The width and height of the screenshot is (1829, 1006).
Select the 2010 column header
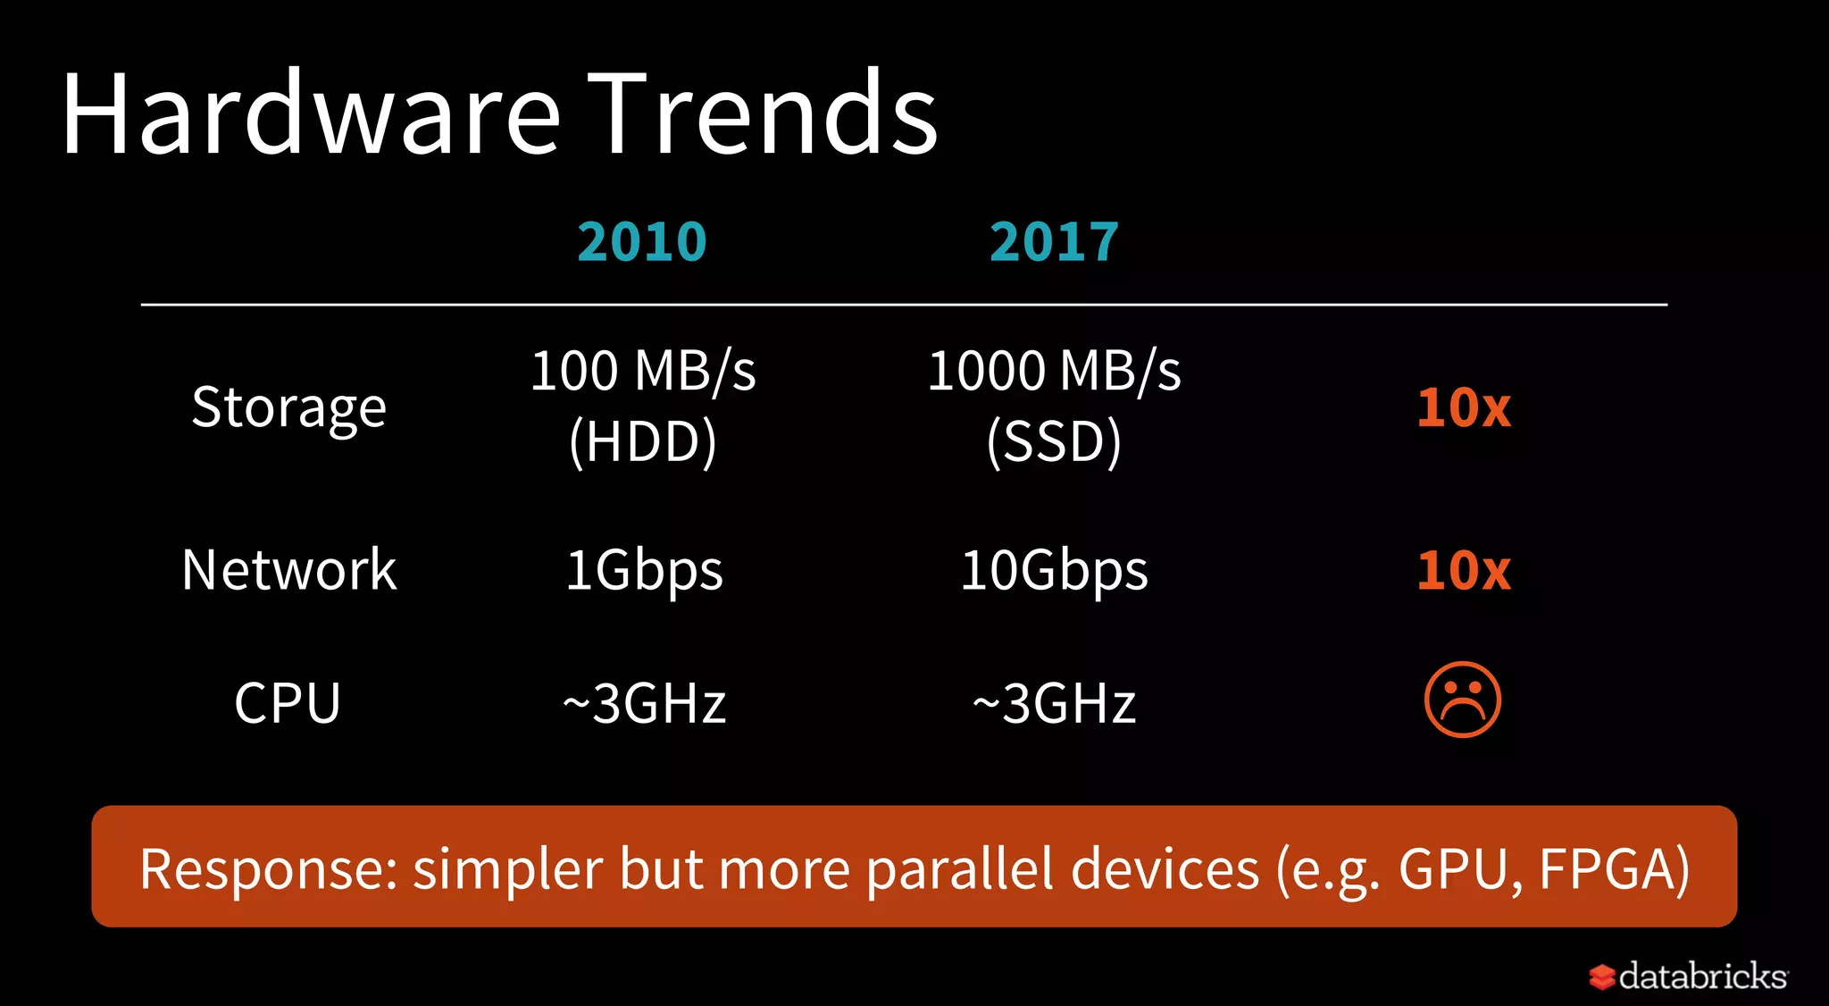pos(642,242)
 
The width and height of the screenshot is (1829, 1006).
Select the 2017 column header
pos(1054,242)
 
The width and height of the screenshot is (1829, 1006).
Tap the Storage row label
pos(288,408)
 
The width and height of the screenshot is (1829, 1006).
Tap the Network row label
pos(288,570)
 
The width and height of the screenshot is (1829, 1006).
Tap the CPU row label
pos(288,703)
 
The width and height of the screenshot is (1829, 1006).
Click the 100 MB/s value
pos(643,371)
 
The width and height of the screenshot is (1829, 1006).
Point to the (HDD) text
pos(643,441)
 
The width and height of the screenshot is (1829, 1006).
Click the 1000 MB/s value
pos(1054,371)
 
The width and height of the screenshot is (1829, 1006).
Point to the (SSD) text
pos(1054,441)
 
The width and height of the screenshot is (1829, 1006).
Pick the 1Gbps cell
pos(644,571)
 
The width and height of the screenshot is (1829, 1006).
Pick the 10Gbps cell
pos(1054,571)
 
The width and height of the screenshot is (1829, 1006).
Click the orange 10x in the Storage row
pos(1464,408)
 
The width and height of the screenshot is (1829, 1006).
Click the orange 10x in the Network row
pos(1464,570)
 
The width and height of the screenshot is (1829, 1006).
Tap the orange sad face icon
pos(1462,700)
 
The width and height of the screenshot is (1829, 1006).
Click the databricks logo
pos(1689,976)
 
